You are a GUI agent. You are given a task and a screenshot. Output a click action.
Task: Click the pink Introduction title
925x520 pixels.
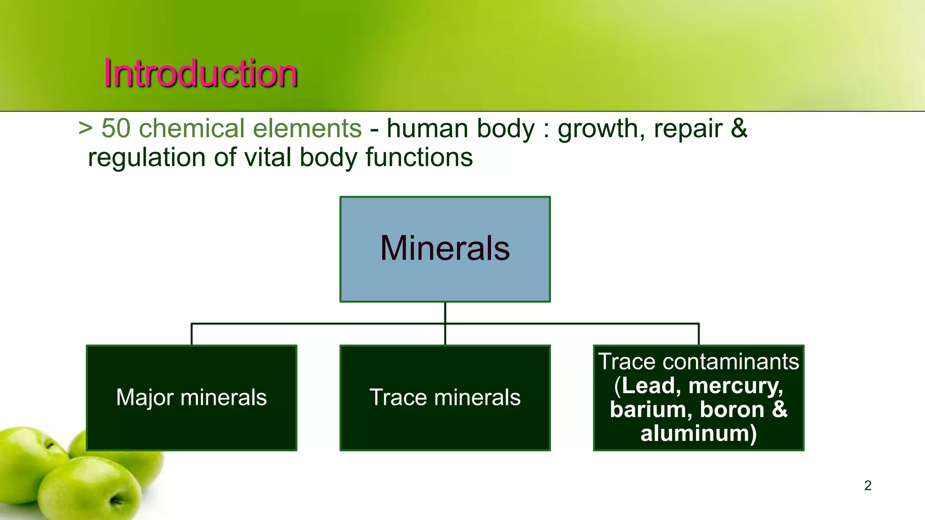click(201, 73)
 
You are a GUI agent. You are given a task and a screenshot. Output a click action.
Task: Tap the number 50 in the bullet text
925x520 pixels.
click(116, 129)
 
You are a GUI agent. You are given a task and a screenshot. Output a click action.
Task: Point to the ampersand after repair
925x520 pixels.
click(739, 129)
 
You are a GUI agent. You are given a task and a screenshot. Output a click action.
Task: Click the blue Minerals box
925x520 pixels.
click(445, 249)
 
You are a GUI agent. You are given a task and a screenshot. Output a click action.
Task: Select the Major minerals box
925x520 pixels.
click(192, 398)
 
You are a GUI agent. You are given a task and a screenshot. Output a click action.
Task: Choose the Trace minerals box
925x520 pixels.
click(445, 398)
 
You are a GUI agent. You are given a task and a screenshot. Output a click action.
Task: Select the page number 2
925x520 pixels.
click(868, 485)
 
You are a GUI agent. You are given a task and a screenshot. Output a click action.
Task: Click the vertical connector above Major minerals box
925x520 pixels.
click(192, 334)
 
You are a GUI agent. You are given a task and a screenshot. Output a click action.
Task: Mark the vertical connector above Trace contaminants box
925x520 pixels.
click(699, 334)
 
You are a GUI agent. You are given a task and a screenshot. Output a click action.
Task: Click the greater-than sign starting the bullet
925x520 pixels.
click(85, 129)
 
